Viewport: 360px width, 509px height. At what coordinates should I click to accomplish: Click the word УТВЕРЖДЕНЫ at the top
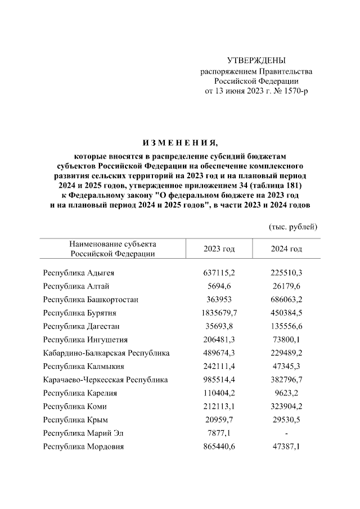tap(256, 60)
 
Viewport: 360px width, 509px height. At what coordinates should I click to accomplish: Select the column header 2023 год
tap(219, 249)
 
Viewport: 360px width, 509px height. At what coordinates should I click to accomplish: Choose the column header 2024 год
tap(286, 249)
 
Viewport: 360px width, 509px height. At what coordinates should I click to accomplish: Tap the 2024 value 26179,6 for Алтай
tap(286, 286)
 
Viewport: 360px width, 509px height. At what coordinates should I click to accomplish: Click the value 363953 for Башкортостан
tap(219, 299)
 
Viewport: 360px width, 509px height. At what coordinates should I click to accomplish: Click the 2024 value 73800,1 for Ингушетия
tap(286, 340)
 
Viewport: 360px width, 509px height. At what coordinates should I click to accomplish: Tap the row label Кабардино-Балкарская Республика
tap(106, 353)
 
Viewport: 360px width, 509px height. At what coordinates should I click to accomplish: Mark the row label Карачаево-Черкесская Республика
tap(105, 380)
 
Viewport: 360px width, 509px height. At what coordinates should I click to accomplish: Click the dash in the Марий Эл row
tap(286, 434)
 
